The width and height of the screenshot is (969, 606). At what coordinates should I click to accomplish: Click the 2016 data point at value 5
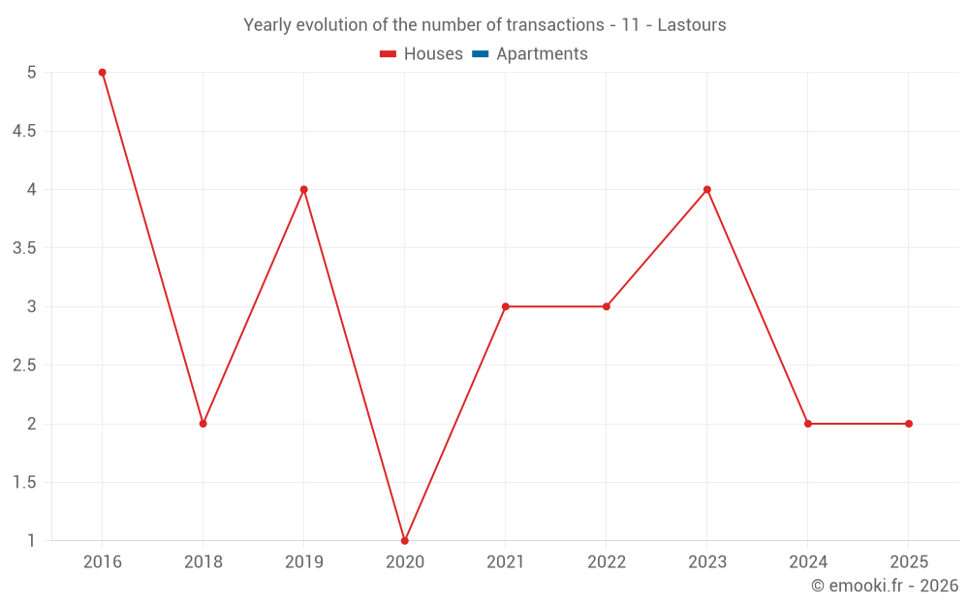[x=102, y=73]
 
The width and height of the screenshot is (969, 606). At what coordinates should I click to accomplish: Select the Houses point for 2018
[x=203, y=424]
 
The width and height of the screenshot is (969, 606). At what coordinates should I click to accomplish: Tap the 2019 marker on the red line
[x=303, y=189]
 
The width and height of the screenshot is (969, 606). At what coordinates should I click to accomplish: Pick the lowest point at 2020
[x=404, y=540]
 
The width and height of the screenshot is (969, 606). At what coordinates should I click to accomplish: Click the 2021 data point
[x=505, y=306]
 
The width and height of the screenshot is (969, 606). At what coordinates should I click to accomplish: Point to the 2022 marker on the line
[x=606, y=306]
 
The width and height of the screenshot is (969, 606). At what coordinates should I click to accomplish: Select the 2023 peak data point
[x=706, y=189]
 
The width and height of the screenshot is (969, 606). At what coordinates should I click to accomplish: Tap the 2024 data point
[x=807, y=424]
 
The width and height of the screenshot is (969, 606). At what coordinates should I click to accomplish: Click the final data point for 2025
[x=908, y=424]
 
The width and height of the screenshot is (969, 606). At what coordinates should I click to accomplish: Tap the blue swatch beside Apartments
[x=480, y=54]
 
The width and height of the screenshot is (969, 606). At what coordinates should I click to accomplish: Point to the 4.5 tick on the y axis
[x=23, y=131]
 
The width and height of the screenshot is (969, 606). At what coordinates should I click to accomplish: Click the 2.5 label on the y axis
[x=23, y=366]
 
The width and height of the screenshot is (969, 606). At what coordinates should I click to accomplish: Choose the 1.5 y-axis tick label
[x=23, y=483]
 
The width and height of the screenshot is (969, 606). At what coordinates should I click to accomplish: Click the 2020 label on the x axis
[x=404, y=561]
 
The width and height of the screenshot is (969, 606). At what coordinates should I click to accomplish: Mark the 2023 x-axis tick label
[x=706, y=561]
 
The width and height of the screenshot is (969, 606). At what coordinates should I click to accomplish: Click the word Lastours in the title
[x=691, y=25]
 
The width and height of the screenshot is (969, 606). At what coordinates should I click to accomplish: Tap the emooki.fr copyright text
[x=884, y=586]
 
